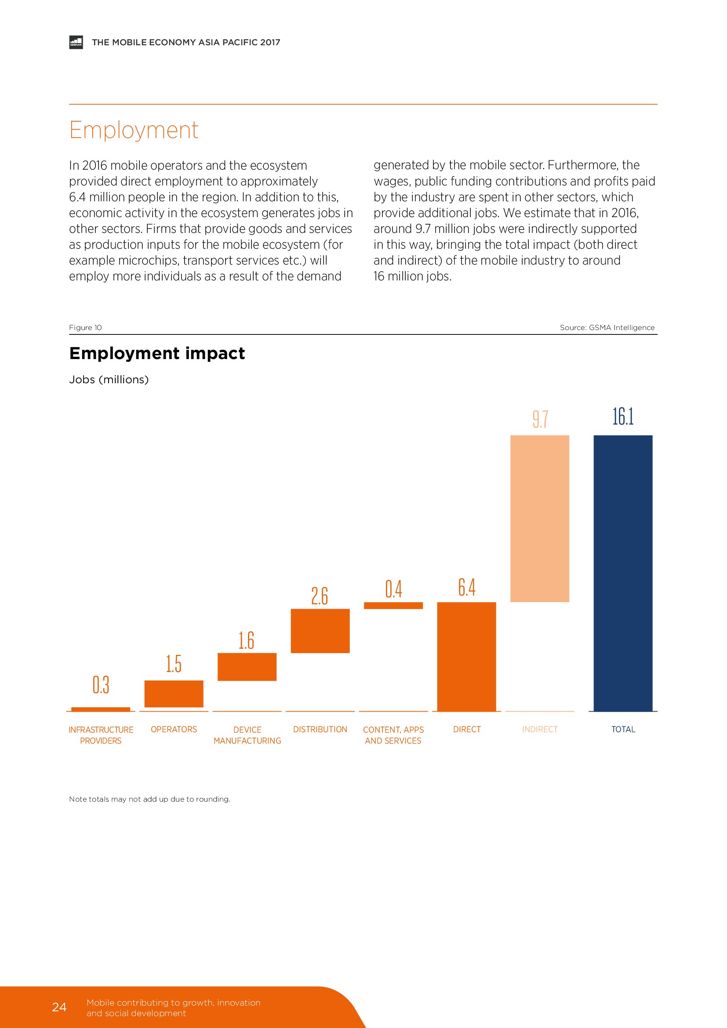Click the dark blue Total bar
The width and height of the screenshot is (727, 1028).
623,573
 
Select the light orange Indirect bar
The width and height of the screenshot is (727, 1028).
539,518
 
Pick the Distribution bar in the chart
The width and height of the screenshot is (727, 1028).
320,630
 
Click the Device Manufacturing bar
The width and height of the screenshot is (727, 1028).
247,667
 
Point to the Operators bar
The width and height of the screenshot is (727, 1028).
174,694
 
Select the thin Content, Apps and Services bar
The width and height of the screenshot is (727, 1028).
393,605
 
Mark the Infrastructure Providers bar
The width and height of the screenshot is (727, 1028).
101,709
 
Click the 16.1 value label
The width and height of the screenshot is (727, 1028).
623,416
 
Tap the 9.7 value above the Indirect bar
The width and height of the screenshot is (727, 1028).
540,419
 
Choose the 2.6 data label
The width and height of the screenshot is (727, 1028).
320,596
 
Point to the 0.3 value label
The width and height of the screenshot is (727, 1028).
101,685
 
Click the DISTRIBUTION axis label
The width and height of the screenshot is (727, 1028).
320,730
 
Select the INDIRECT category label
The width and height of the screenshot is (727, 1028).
540,730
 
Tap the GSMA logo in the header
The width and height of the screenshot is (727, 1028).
76,42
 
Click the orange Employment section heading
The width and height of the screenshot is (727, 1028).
134,130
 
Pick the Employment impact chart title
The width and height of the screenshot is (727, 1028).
156,353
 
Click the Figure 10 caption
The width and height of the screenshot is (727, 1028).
86,327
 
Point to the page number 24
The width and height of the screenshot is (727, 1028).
59,1007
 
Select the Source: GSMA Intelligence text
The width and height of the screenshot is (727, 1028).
607,327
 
